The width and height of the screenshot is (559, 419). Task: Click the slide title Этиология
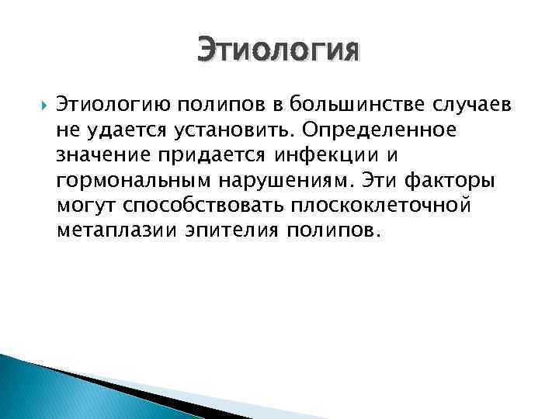[279, 52]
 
